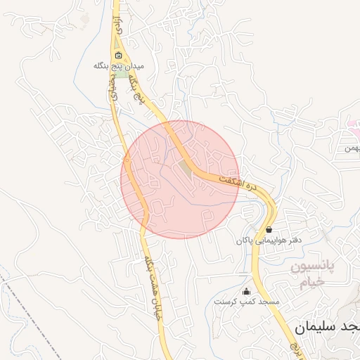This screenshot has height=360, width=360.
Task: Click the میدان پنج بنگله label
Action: click(x=119, y=65)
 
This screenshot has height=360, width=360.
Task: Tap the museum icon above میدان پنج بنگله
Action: click(x=118, y=56)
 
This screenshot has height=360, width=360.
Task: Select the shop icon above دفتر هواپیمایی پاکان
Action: click(x=269, y=229)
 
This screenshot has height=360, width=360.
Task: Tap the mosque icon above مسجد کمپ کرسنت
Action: click(x=246, y=292)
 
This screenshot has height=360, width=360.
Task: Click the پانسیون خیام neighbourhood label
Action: click(x=314, y=275)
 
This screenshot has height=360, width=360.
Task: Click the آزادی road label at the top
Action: click(x=120, y=25)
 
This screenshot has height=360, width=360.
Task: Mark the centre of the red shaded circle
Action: click(x=180, y=179)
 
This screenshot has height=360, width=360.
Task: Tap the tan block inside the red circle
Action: click(x=186, y=167)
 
